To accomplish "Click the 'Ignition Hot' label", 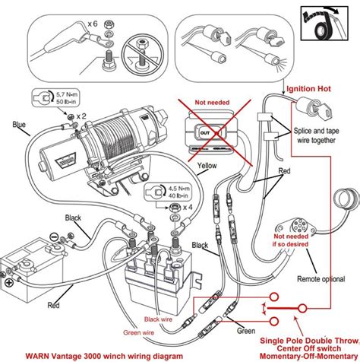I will point(309,90).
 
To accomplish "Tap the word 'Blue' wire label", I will point(21,124).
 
